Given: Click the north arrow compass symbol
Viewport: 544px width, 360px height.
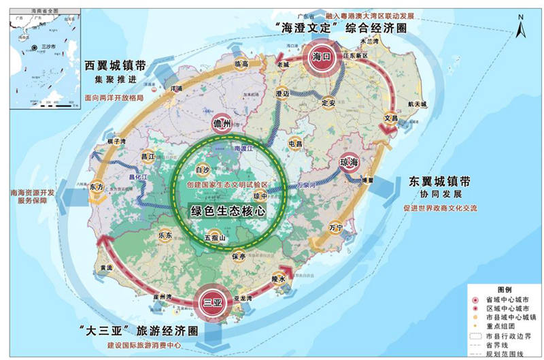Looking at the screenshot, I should coord(520,28).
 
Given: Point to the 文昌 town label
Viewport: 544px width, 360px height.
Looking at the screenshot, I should coord(390,117).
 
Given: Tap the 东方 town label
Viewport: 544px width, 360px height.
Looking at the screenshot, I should coord(95,186).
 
